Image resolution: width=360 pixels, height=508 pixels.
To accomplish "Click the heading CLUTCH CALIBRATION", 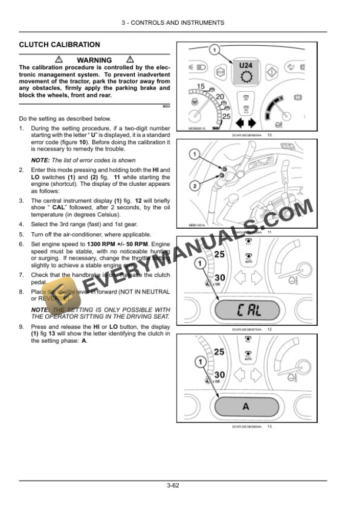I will point(59,45).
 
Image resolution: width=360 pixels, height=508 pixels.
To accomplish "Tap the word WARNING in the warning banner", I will point(94,60).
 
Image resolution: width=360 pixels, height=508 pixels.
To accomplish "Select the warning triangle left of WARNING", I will point(59,60).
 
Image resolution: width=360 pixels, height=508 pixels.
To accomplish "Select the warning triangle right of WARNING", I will point(129,60).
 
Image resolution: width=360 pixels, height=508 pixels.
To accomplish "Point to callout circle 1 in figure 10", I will point(214,49).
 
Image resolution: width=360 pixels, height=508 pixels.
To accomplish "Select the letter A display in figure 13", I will point(245,406).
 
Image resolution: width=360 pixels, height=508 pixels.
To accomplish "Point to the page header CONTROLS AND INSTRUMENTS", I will point(172,22).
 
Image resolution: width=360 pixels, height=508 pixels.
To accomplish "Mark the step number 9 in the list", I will point(21,326).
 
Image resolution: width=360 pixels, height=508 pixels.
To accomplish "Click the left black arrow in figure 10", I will point(239,123).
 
